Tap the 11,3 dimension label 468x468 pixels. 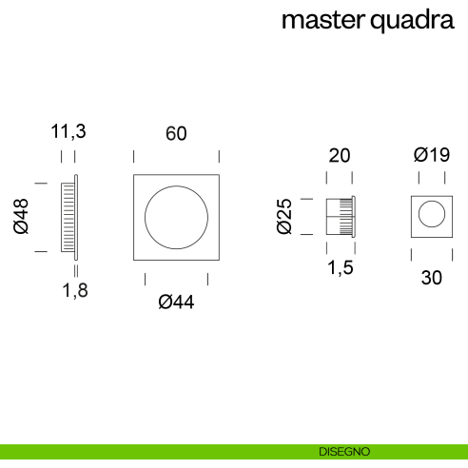point(68,133)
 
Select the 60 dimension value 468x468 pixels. point(176,134)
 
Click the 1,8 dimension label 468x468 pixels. point(75,292)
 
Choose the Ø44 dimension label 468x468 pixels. point(176,303)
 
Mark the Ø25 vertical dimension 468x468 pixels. point(283,216)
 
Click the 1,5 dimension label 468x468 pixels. point(340,269)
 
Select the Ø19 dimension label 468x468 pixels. point(431,156)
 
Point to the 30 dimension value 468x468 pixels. point(431,278)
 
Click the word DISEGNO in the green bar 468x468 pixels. point(345,451)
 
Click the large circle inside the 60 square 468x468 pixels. point(176,217)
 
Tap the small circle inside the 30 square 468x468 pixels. point(431,215)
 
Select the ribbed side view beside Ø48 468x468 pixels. point(68,216)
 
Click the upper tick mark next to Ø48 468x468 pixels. point(41,181)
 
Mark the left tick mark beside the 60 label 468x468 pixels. point(133,156)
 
